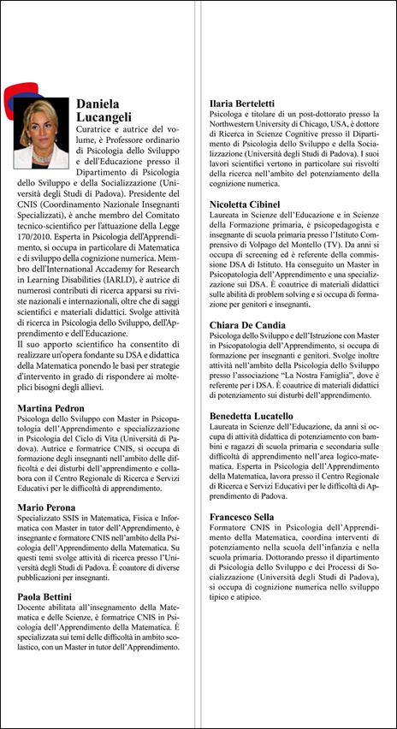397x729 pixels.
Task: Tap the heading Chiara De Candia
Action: tap(252, 325)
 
